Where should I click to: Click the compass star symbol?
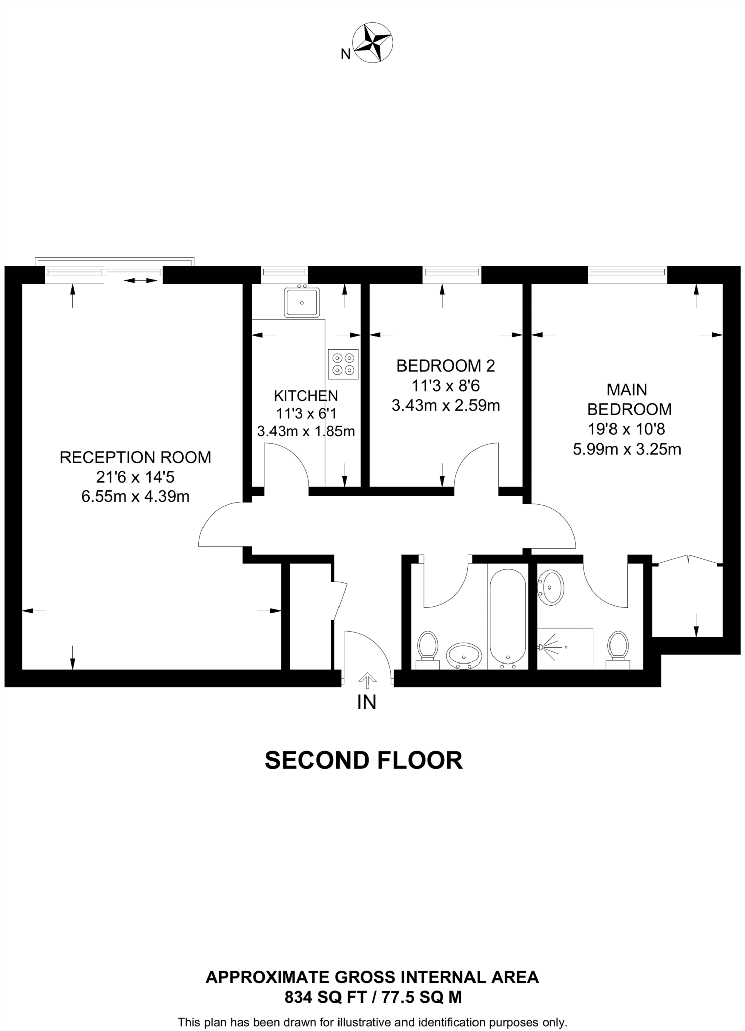coord(373,42)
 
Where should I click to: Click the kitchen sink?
coord(302,302)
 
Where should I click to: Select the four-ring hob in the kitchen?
coord(343,364)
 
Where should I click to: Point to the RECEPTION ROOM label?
coord(135,457)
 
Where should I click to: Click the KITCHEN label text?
coord(306,395)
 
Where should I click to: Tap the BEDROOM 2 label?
coord(445,366)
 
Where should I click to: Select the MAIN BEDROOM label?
coord(629,399)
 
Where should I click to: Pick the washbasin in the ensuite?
coord(552,587)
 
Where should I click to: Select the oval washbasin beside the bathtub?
coord(464,655)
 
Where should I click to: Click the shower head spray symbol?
coord(550,646)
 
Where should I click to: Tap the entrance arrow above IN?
coord(367,681)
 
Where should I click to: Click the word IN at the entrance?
coord(367,702)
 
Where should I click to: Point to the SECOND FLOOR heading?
coord(364,760)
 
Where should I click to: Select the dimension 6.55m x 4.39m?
coord(135,497)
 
